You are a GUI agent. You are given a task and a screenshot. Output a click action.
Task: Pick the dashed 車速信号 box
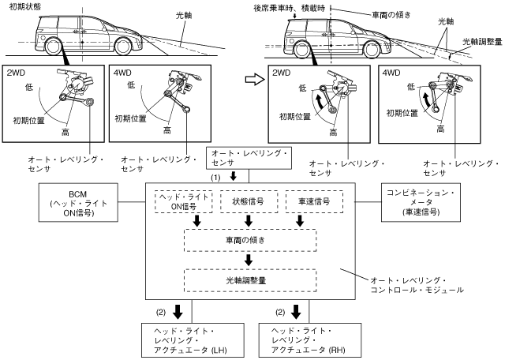click(309, 201)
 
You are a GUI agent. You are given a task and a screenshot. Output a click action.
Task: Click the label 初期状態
click(21, 6)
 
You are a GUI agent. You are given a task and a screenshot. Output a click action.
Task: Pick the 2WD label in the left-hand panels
click(17, 73)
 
